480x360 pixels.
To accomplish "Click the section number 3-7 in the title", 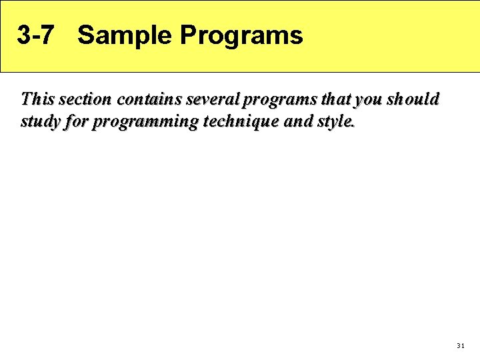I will coord(35,35).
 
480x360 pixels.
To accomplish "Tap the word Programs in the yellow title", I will coord(241,35).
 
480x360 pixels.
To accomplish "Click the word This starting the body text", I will coord(37,99).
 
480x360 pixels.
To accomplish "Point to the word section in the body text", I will coord(86,99).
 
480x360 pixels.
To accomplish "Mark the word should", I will coord(414,99).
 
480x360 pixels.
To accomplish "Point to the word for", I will coord(79,123).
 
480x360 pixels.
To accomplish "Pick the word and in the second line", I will coord(292,123).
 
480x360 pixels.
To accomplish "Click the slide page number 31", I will coord(460,346).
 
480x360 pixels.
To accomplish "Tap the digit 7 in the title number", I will coord(45,35).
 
